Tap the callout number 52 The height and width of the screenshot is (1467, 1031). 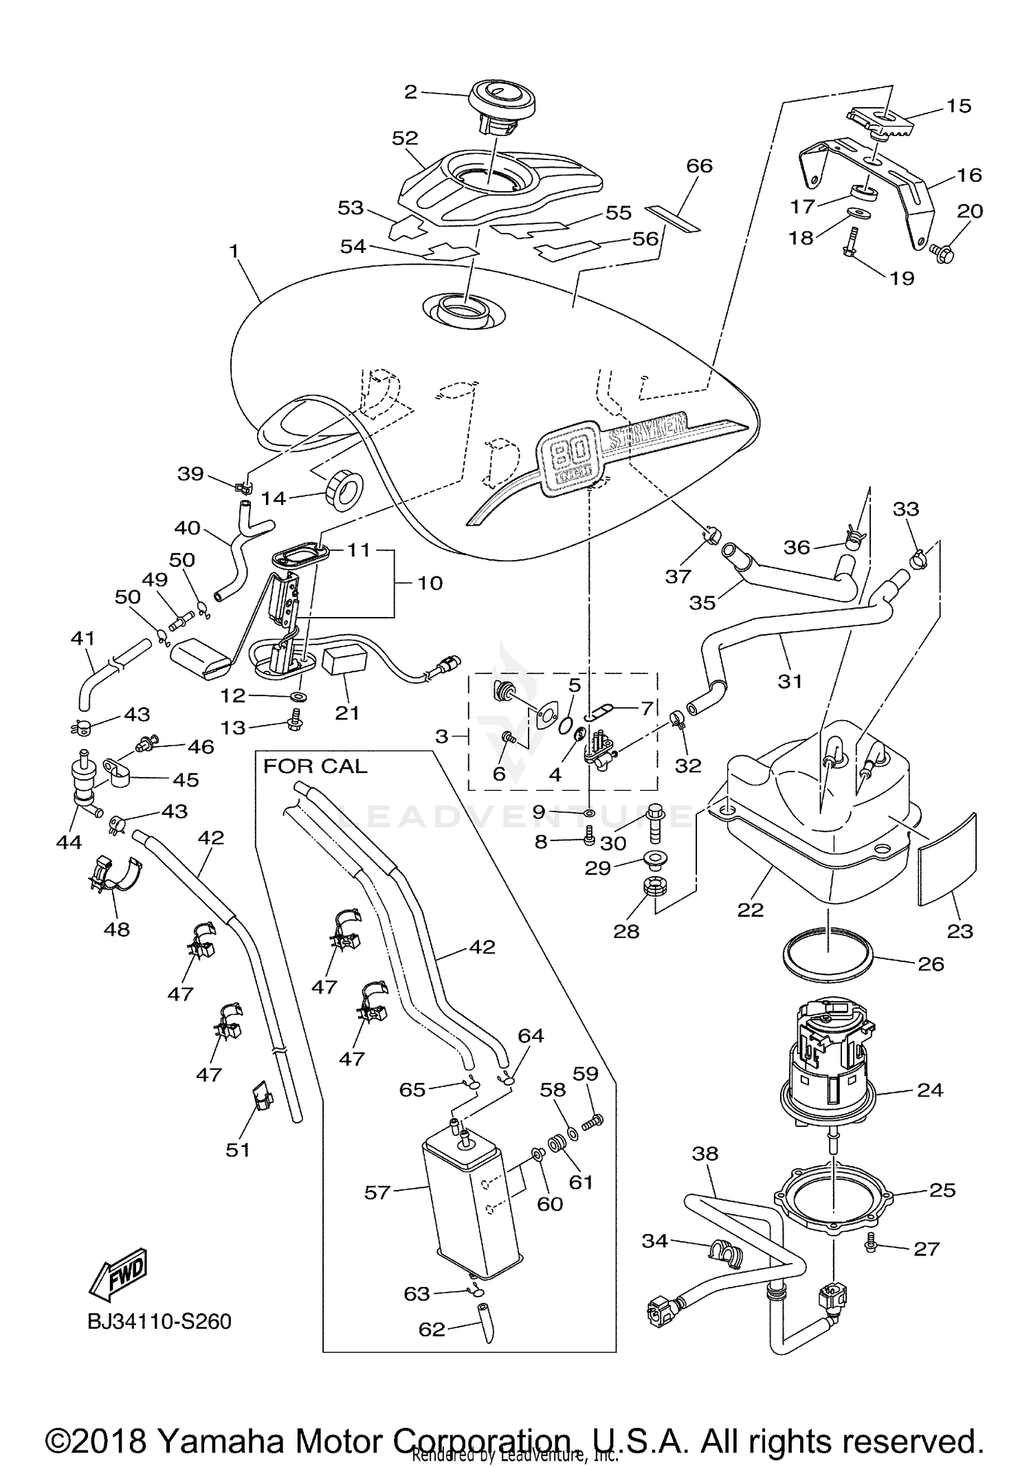pyautogui.click(x=405, y=138)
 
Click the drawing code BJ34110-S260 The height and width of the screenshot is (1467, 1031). pyautogui.click(x=159, y=1321)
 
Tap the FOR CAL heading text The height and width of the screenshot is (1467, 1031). pyautogui.click(x=315, y=766)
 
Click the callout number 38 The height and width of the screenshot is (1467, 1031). pyautogui.click(x=705, y=1154)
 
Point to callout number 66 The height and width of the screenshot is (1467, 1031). pyautogui.click(x=699, y=166)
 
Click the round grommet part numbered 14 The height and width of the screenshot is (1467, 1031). pyautogui.click(x=344, y=490)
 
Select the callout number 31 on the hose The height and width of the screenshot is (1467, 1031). pyautogui.click(x=790, y=681)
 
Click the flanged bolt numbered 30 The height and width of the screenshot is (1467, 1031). pyautogui.click(x=654, y=825)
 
